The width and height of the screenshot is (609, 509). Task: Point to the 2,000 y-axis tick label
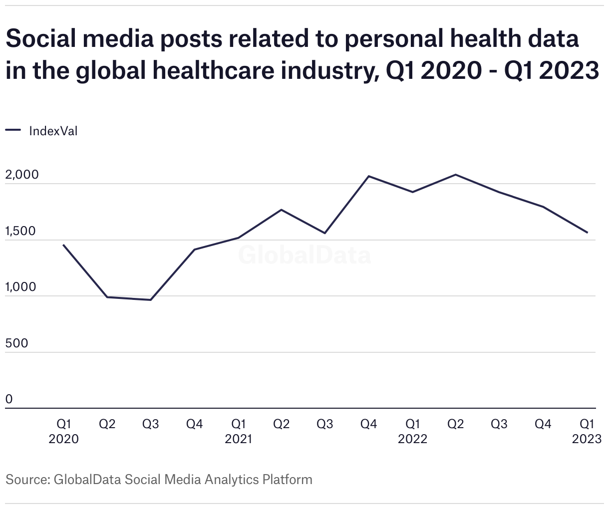[22, 175]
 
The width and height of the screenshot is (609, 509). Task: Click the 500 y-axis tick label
[16, 343]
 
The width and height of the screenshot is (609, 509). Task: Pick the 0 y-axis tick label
[9, 399]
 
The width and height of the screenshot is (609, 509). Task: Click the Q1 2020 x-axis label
[63, 431]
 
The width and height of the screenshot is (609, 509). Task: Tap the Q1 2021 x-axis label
[238, 431]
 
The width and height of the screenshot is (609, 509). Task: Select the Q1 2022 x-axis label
[412, 431]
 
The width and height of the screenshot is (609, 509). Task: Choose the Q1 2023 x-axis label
[587, 431]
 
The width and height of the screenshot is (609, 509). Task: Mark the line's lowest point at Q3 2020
[150, 300]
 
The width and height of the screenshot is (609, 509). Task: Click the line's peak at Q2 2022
[455, 175]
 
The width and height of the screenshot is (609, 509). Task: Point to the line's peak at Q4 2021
[368, 176]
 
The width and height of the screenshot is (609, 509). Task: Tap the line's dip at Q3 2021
[325, 233]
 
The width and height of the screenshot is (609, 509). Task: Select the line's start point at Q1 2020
[63, 245]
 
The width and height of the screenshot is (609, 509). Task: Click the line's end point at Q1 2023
[587, 233]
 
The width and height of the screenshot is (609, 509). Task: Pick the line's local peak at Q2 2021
[282, 210]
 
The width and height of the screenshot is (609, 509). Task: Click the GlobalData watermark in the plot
[304, 255]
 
